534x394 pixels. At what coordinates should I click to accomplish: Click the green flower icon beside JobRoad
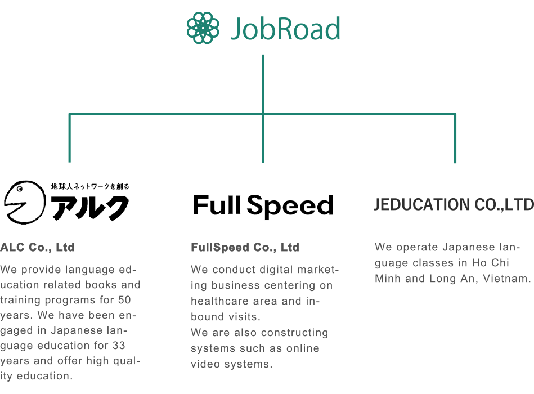pos(203,28)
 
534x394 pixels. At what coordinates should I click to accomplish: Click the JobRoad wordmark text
pos(285,29)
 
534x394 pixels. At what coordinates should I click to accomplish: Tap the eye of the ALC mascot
pos(20,189)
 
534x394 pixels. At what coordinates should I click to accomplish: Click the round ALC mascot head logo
pos(25,202)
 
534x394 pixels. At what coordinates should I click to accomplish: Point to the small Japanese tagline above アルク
pos(90,186)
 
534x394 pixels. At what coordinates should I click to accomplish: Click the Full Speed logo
pos(263,205)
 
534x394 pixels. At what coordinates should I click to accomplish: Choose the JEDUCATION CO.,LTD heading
pos(454,204)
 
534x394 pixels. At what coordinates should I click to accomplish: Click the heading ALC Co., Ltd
pos(38,247)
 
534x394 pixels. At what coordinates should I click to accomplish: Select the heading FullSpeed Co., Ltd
pos(245,247)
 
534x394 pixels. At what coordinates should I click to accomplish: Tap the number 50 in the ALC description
pos(124,300)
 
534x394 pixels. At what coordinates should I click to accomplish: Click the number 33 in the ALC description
pos(119,346)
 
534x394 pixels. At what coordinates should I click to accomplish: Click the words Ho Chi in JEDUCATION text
pos(491,263)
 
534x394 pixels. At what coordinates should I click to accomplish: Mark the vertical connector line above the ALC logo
pos(69,138)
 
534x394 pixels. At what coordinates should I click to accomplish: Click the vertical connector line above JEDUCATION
pos(455,138)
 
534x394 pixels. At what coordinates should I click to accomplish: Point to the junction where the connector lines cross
pos(263,114)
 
